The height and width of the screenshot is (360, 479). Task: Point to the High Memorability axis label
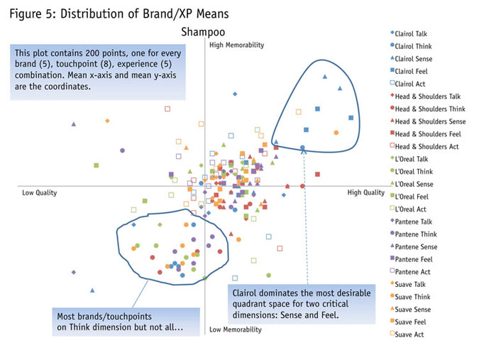tap(236, 45)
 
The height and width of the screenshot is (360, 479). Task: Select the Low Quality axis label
tap(39, 192)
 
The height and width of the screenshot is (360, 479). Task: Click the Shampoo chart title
tap(201, 31)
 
